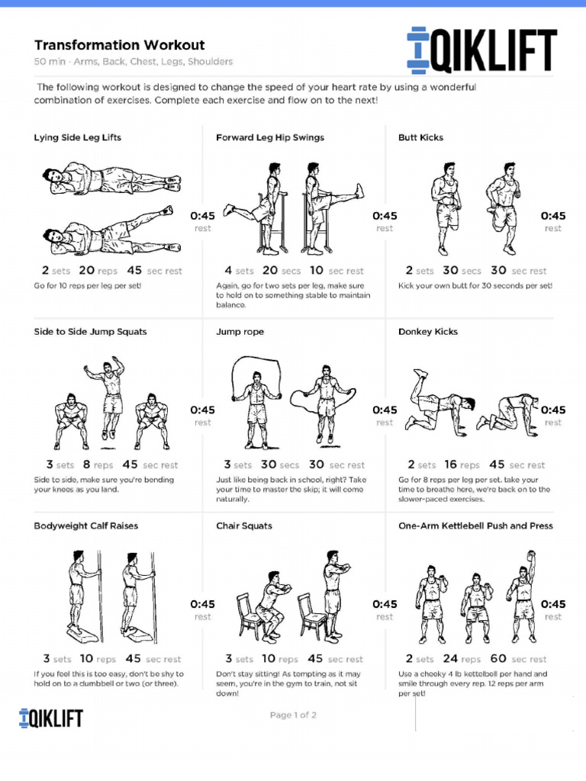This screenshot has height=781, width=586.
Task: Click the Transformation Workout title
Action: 119,46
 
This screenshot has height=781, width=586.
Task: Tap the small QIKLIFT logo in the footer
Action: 50,718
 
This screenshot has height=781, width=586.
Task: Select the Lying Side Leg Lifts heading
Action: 77,138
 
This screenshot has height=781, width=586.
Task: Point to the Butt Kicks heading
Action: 420,138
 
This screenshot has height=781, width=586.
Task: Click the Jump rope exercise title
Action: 241,332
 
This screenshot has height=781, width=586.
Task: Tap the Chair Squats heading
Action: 244,526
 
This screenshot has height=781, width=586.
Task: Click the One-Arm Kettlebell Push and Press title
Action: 475,526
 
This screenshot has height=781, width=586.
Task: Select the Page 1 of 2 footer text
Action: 293,715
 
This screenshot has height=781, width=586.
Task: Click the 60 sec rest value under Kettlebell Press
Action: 498,659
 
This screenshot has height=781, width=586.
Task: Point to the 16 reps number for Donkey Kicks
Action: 450,464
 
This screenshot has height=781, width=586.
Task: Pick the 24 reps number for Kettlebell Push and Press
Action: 450,659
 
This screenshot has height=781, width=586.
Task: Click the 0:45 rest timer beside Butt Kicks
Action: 553,217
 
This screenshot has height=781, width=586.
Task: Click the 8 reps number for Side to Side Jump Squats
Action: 86,464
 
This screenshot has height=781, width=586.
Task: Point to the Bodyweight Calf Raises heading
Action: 85,526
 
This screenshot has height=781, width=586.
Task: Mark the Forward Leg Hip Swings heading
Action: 270,138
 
